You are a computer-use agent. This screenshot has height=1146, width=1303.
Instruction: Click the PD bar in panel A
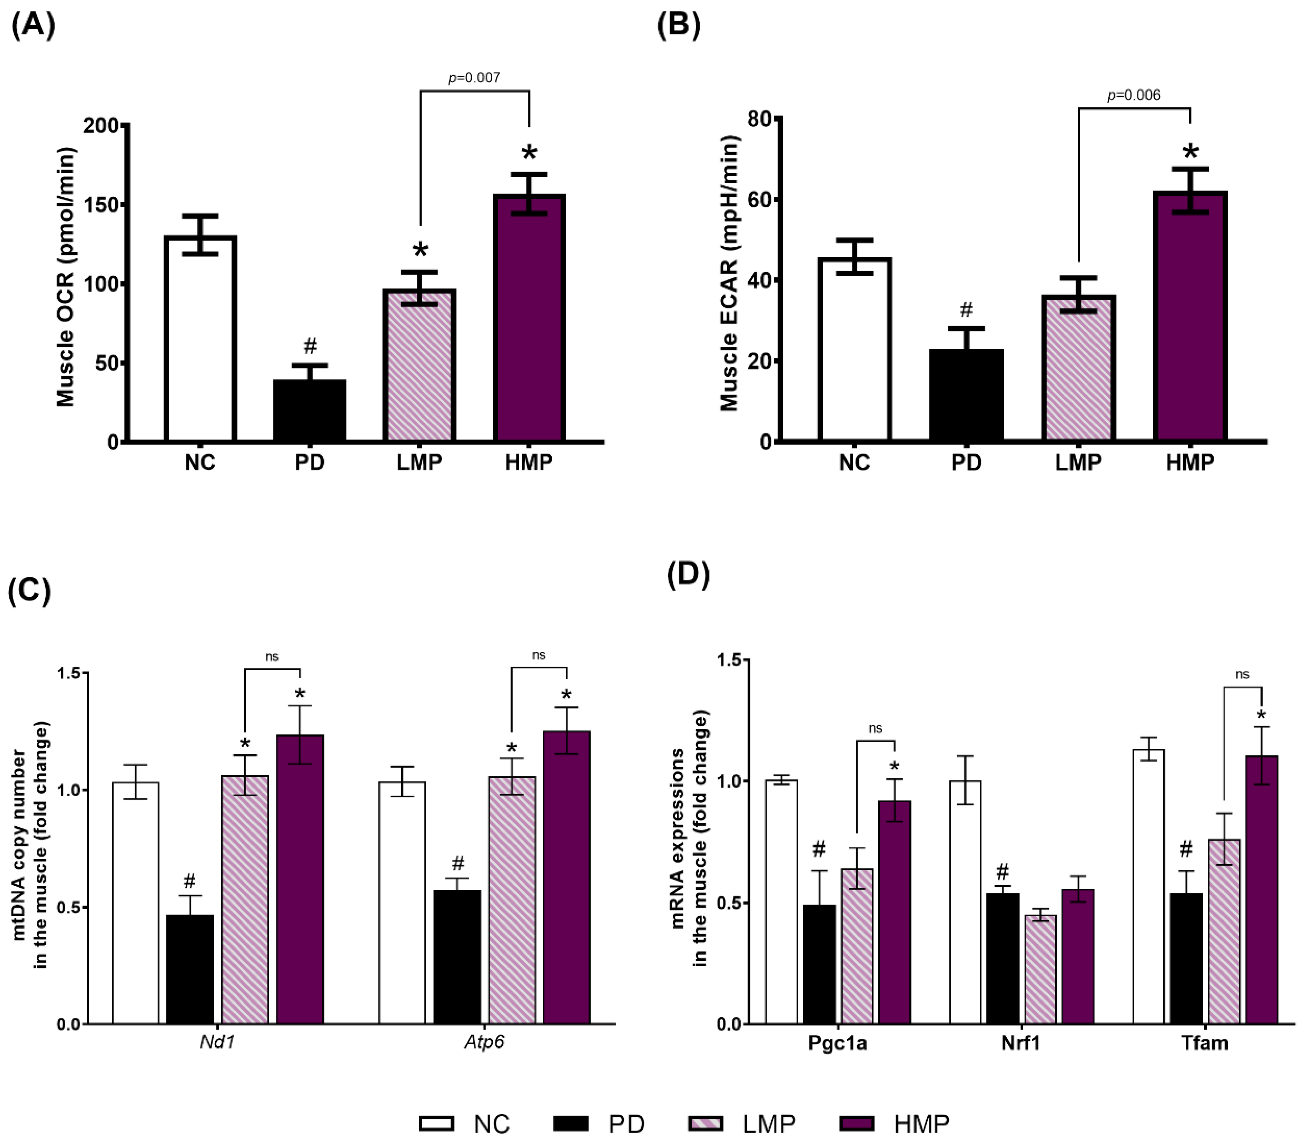310,411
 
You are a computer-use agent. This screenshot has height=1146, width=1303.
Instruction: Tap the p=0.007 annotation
474,78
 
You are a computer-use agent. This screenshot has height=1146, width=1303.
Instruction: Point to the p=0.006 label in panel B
1134,95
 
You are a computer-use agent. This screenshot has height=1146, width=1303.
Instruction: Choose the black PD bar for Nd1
190,969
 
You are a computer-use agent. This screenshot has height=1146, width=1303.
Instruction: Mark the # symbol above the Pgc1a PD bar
819,850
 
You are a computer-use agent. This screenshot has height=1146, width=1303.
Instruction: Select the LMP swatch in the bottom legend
706,1124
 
